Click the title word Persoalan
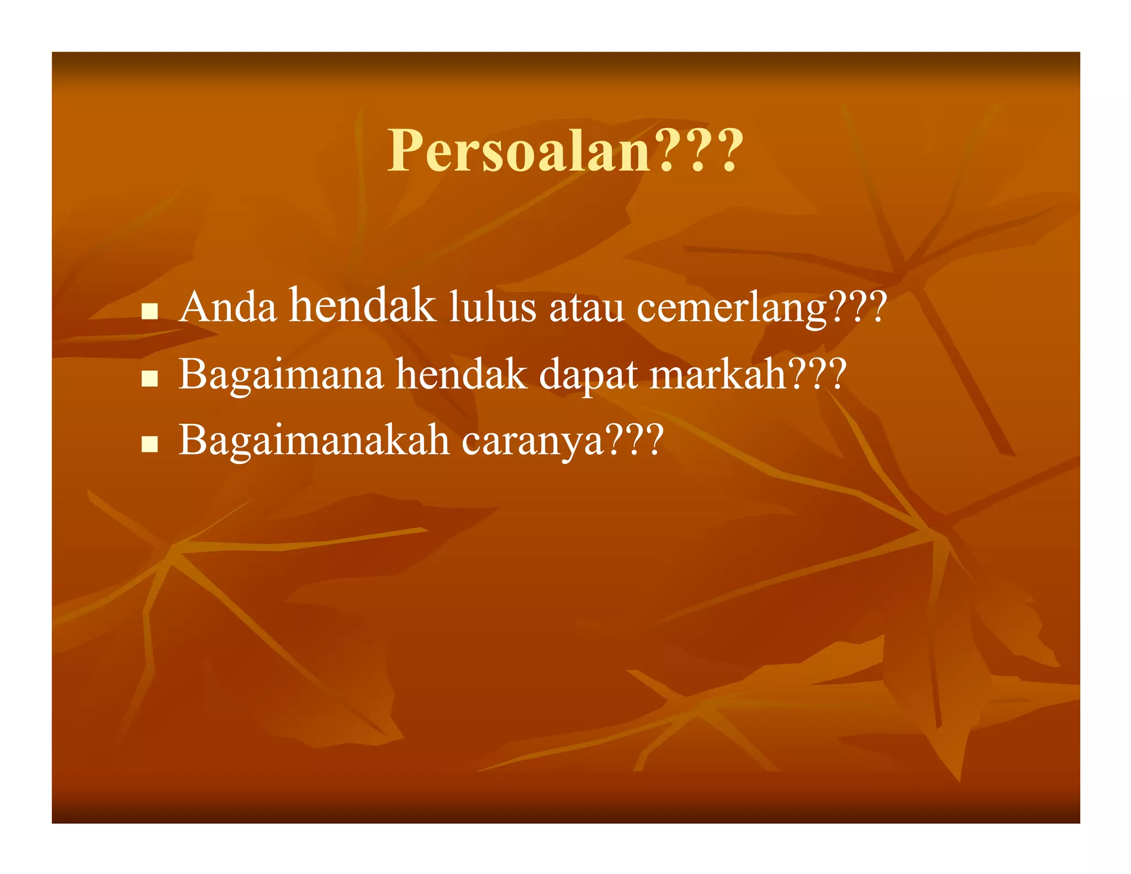point(519,151)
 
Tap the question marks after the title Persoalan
point(699,151)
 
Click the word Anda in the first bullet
point(228,307)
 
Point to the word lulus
point(492,307)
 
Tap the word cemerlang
point(732,308)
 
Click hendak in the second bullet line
point(461,375)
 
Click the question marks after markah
point(817,375)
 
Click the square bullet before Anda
point(150,311)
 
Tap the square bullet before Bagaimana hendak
point(150,378)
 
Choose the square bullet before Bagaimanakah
point(150,444)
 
